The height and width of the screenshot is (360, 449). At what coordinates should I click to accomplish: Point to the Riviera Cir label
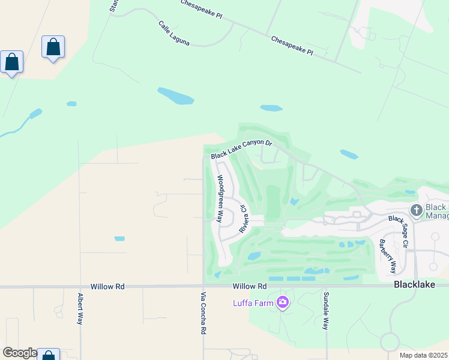pos(244,219)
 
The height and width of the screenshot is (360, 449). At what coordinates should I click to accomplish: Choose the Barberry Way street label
pos(387,255)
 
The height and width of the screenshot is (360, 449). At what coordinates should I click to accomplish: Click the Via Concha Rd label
pos(203,313)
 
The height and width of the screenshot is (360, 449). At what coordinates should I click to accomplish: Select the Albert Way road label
pos(79,309)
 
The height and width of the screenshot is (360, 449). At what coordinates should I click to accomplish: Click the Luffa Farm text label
pos(253,302)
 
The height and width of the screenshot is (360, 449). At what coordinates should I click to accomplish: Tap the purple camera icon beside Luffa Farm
pos(282,302)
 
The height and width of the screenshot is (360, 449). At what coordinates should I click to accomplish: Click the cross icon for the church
pos(416,210)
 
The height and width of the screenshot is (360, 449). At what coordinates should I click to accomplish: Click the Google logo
pos(20,353)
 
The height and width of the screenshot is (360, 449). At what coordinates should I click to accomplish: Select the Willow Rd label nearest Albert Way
pos(107,287)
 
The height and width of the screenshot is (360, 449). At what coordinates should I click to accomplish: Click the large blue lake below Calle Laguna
pos(175,95)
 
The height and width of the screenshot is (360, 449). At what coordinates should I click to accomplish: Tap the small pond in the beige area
pos(119,238)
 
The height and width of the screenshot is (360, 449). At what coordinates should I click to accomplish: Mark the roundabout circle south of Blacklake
pos(389,343)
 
